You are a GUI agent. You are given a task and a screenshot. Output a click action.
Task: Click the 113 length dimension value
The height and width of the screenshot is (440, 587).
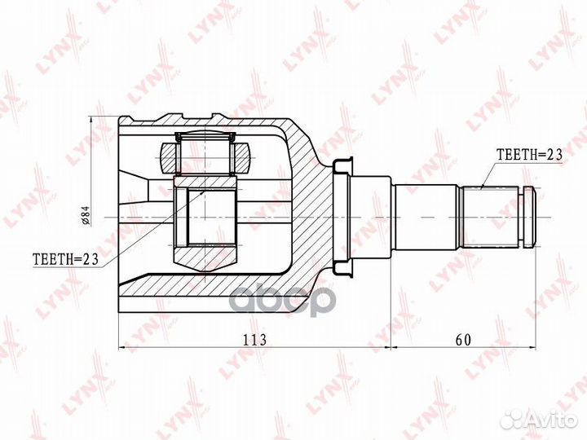click(255, 340)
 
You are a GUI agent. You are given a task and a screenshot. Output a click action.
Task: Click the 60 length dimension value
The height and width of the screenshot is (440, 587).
click(463, 340)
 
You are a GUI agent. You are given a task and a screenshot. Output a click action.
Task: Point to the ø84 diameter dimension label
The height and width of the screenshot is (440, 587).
click(86, 217)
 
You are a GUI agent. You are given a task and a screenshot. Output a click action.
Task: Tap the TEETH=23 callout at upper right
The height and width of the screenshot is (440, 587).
click(529, 154)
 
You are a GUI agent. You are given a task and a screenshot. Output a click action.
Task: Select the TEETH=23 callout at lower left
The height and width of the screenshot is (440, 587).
click(65, 258)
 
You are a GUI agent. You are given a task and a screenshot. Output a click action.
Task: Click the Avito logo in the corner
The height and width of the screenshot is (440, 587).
click(540, 420)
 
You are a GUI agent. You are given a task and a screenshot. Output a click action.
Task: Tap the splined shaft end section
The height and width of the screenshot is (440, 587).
click(491, 217)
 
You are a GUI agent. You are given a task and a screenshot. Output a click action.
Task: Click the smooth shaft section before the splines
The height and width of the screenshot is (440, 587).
click(426, 218)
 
